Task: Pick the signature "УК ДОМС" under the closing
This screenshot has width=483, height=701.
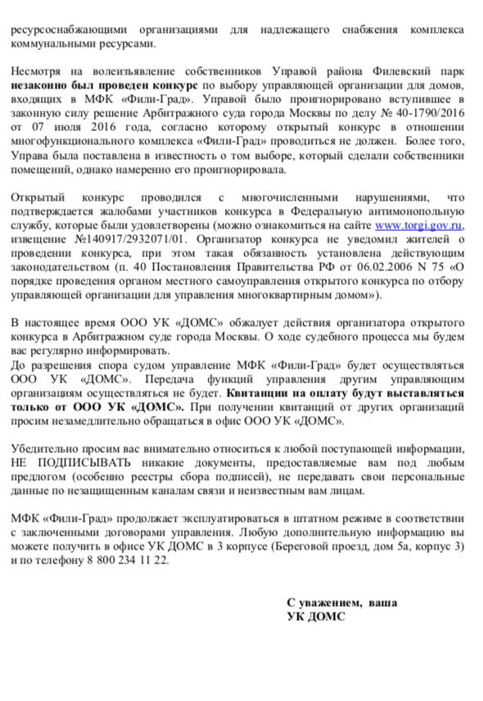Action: pos(316,617)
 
